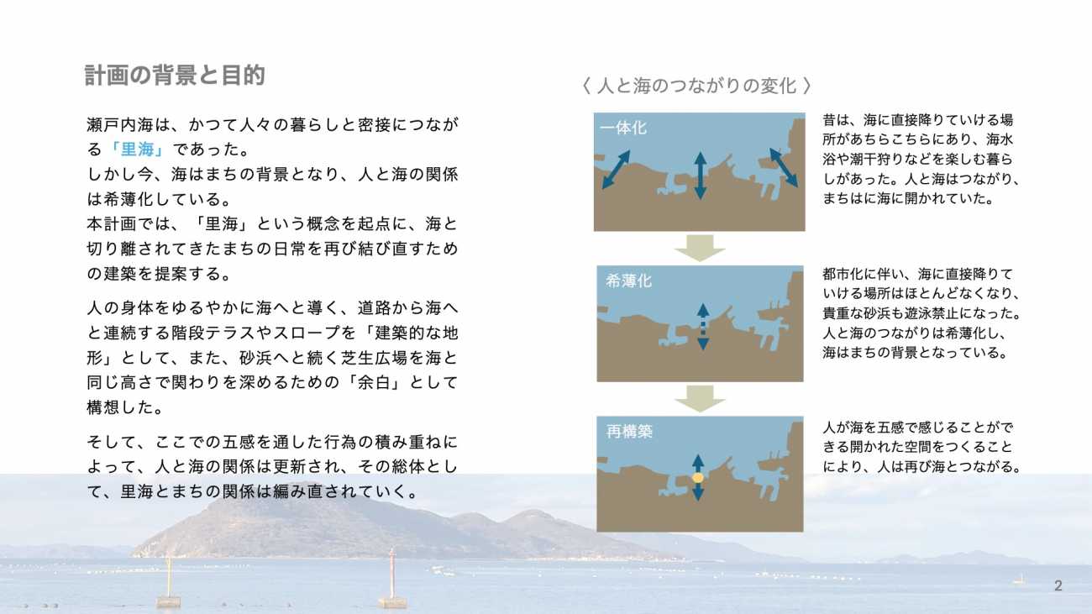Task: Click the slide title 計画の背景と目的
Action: pos(175,76)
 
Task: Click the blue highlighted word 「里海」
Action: pos(137,150)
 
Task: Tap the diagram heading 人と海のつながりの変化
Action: pos(696,87)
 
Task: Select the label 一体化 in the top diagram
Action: pos(623,129)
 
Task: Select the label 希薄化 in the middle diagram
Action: pos(628,281)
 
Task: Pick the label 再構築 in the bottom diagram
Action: pos(629,431)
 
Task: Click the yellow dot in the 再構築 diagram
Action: pos(698,478)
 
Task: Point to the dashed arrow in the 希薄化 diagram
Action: pos(703,327)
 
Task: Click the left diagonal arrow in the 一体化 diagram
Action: pos(616,170)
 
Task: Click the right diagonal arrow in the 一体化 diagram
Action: pos(784,168)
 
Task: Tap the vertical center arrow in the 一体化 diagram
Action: pos(701,176)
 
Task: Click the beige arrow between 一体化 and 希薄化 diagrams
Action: pos(700,248)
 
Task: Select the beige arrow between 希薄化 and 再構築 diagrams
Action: pos(700,399)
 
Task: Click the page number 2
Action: pos(1058,585)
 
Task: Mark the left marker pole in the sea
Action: pos(169,581)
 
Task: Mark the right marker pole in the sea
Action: pos(392,579)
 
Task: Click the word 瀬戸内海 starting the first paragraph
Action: pos(120,125)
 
